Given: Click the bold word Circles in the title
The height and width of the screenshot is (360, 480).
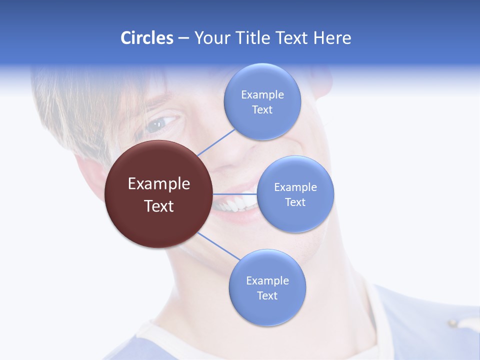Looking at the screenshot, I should [x=147, y=38].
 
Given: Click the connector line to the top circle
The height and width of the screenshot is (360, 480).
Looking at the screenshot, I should [x=216, y=142].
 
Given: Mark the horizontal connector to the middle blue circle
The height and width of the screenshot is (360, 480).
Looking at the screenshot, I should [x=235, y=194].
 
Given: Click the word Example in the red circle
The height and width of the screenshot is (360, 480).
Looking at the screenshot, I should [x=159, y=184].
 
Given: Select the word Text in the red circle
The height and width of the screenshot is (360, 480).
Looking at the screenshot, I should [x=159, y=206].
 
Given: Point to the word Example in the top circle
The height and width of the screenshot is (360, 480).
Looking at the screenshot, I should [x=262, y=95].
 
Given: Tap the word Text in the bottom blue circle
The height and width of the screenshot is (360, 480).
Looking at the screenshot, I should [x=267, y=295].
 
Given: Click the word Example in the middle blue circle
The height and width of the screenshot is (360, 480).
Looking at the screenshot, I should [x=295, y=187].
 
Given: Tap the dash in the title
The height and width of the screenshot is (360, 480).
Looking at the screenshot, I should [x=183, y=38].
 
